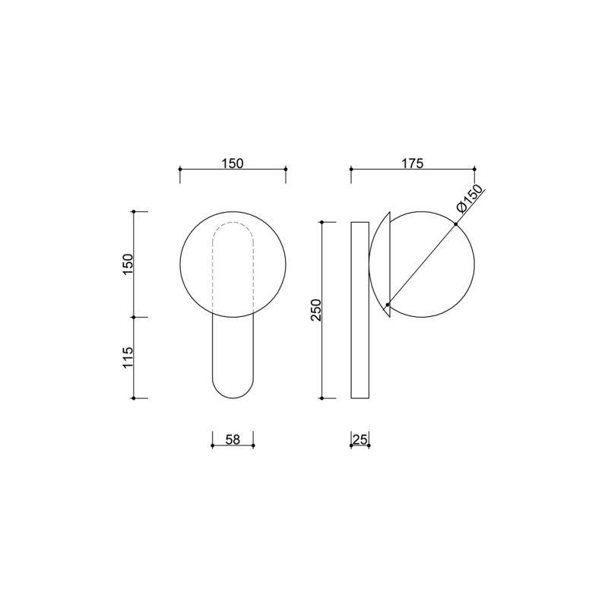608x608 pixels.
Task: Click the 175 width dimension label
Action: click(413, 163)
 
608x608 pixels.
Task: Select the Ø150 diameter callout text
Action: click(470, 199)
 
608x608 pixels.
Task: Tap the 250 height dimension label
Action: click(316, 310)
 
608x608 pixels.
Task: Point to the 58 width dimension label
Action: click(233, 440)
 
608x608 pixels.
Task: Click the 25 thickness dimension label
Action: click(359, 440)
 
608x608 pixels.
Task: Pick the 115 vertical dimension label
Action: click(128, 357)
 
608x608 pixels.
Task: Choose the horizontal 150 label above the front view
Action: click(233, 163)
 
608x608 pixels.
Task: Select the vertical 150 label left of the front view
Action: click(128, 264)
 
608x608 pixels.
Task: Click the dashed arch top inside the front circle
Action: click(233, 223)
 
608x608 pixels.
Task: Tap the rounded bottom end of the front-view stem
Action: click(233, 397)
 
